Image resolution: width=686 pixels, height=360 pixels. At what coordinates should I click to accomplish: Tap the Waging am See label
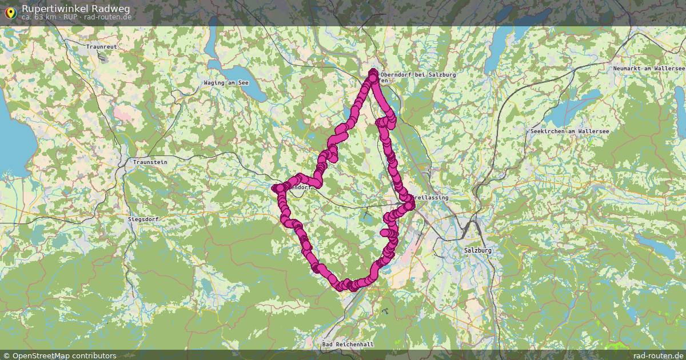click(226, 83)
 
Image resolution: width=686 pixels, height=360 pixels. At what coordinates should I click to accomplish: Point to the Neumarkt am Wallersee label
click(648, 69)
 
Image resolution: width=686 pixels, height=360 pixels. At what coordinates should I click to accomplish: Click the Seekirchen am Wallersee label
click(569, 131)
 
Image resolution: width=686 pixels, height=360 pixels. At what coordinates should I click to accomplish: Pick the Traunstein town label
click(150, 162)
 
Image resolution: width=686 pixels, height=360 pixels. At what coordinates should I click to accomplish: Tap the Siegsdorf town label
click(143, 219)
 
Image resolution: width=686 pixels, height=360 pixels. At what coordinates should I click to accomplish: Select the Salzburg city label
click(478, 250)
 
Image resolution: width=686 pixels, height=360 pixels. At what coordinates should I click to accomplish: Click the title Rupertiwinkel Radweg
click(75, 9)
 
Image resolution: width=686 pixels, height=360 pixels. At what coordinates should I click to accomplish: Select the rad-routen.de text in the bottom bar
click(658, 355)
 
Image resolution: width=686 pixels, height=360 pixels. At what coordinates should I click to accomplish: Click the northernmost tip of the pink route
click(373, 71)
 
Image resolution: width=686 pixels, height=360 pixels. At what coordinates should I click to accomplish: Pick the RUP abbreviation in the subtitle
click(71, 17)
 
